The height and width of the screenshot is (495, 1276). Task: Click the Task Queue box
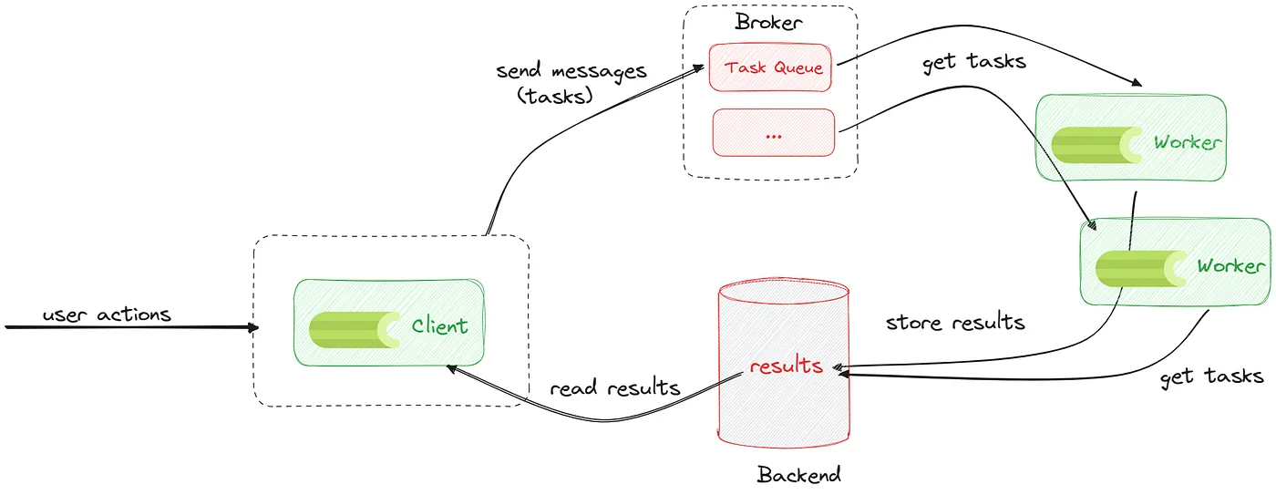pyautogui.click(x=770, y=67)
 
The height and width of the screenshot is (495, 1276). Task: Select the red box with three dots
pyautogui.click(x=774, y=133)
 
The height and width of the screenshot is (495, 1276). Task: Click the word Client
pyautogui.click(x=439, y=326)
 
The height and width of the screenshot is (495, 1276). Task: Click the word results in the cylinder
pyautogui.click(x=786, y=366)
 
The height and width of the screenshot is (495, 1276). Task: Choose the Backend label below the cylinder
pyautogui.click(x=798, y=474)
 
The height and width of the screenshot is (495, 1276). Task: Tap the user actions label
pyautogui.click(x=107, y=315)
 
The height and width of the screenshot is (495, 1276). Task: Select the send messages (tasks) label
pyautogui.click(x=571, y=84)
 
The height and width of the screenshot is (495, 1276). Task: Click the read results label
pyautogui.click(x=615, y=387)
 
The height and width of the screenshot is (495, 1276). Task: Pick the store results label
pyautogui.click(x=955, y=323)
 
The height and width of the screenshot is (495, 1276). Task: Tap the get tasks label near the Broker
pyautogui.click(x=973, y=61)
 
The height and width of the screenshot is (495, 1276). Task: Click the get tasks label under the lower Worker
pyautogui.click(x=1211, y=376)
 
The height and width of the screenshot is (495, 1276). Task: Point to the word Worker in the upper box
pyautogui.click(x=1187, y=142)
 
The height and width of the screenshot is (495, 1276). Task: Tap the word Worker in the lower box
pyautogui.click(x=1230, y=265)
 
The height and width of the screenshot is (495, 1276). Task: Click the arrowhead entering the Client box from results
pyautogui.click(x=449, y=367)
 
